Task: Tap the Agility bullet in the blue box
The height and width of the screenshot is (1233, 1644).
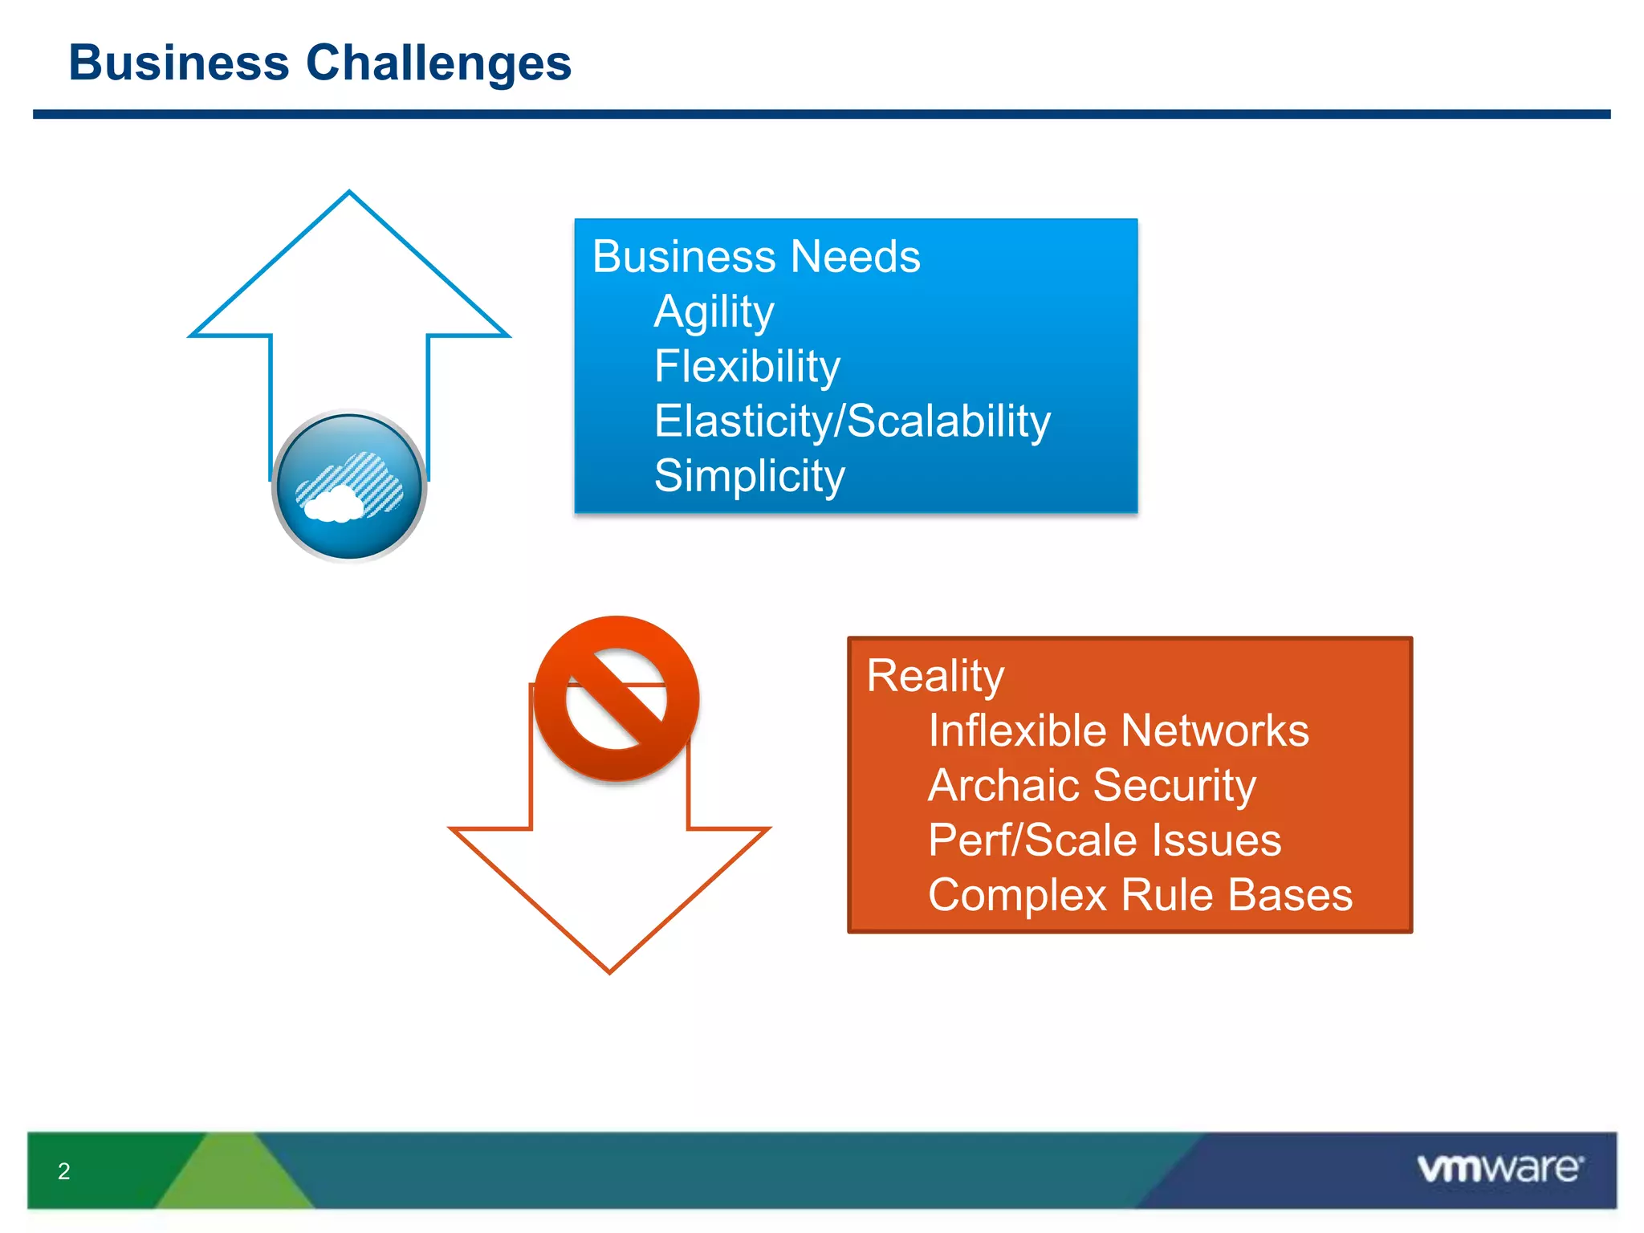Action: pos(714,311)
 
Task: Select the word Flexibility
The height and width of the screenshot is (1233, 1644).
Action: pos(747,366)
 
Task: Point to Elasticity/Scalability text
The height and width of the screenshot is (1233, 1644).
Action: pos(852,421)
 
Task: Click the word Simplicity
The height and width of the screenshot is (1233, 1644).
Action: pos(749,475)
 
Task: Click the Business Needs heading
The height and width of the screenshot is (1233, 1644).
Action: pos(755,257)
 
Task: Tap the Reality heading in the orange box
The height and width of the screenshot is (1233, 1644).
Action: pos(934,676)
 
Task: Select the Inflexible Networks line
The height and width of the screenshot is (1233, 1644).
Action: pos(1117,730)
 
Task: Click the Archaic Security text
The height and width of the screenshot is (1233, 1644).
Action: pos(1092,785)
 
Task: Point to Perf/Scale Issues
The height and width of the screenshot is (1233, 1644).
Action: pos(1104,840)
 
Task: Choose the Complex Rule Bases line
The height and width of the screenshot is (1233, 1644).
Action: pos(1140,895)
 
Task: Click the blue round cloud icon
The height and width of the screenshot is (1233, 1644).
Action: pos(349,486)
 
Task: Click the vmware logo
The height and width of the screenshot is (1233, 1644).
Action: pos(1500,1169)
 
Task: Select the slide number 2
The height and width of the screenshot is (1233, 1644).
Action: pos(64,1171)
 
